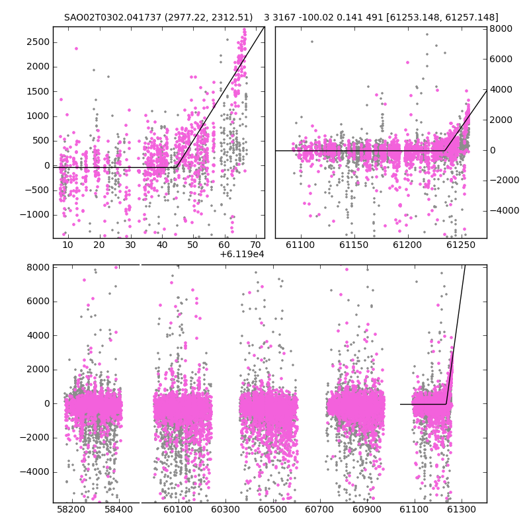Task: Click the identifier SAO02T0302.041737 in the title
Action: tap(112, 18)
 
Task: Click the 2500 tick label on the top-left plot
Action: tap(38, 42)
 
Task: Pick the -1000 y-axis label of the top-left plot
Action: tap(35, 215)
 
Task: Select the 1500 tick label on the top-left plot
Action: tap(38, 91)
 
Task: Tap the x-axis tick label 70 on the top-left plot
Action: tap(255, 245)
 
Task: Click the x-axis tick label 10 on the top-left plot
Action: tap(67, 245)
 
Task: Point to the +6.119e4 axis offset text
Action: tap(242, 254)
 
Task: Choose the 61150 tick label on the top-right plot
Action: tap(354, 245)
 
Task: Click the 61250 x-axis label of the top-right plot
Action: tap(460, 245)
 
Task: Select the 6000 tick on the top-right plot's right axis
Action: tap(501, 59)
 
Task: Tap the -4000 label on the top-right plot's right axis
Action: tap(505, 210)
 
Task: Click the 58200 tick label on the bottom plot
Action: tap(71, 509)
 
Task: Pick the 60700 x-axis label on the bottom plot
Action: tap(319, 509)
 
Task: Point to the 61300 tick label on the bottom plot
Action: tap(461, 509)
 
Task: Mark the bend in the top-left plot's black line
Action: tap(177, 167)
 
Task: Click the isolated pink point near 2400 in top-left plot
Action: tap(76, 48)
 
